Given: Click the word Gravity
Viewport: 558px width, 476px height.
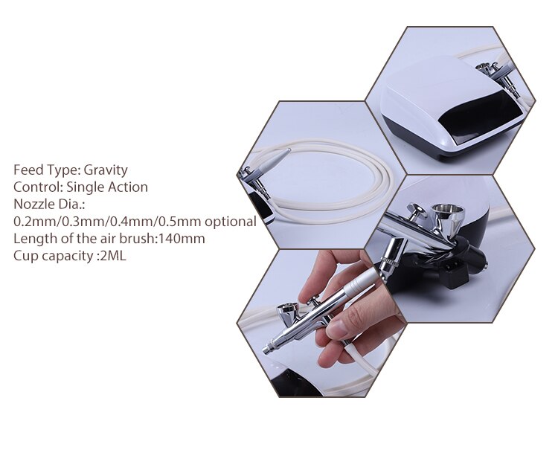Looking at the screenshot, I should coord(106,170).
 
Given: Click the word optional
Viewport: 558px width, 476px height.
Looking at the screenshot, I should coord(231,221).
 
